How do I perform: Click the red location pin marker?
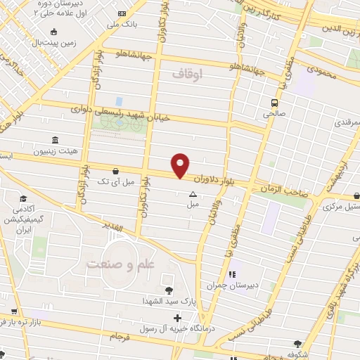pyautogui.click(x=181, y=165)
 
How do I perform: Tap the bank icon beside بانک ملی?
pyautogui.click(x=122, y=14)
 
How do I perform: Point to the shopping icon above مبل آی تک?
pyautogui.click(x=115, y=170)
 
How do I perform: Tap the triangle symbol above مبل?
pyautogui.click(x=193, y=194)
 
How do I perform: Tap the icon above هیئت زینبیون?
pyautogui.click(x=55, y=140)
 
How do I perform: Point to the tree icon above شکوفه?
pyautogui.click(x=298, y=344)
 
